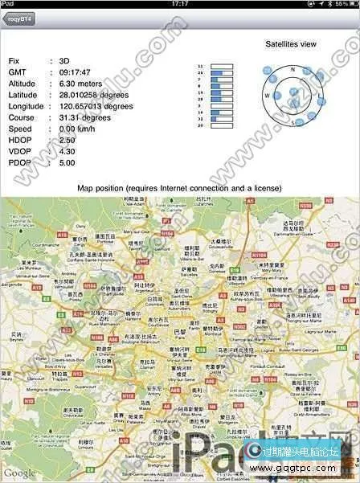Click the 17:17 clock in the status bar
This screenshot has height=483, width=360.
[x=180, y=4]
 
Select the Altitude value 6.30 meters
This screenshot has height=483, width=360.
[x=84, y=84]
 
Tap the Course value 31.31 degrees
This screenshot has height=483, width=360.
[x=88, y=117]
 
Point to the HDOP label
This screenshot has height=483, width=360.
[x=19, y=140]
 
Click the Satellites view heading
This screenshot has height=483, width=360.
[x=290, y=43]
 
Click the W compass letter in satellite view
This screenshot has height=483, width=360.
[x=267, y=96]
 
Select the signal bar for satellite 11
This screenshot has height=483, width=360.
[x=221, y=65]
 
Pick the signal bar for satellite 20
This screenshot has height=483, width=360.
[x=221, y=125]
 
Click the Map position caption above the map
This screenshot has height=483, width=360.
[x=179, y=188]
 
